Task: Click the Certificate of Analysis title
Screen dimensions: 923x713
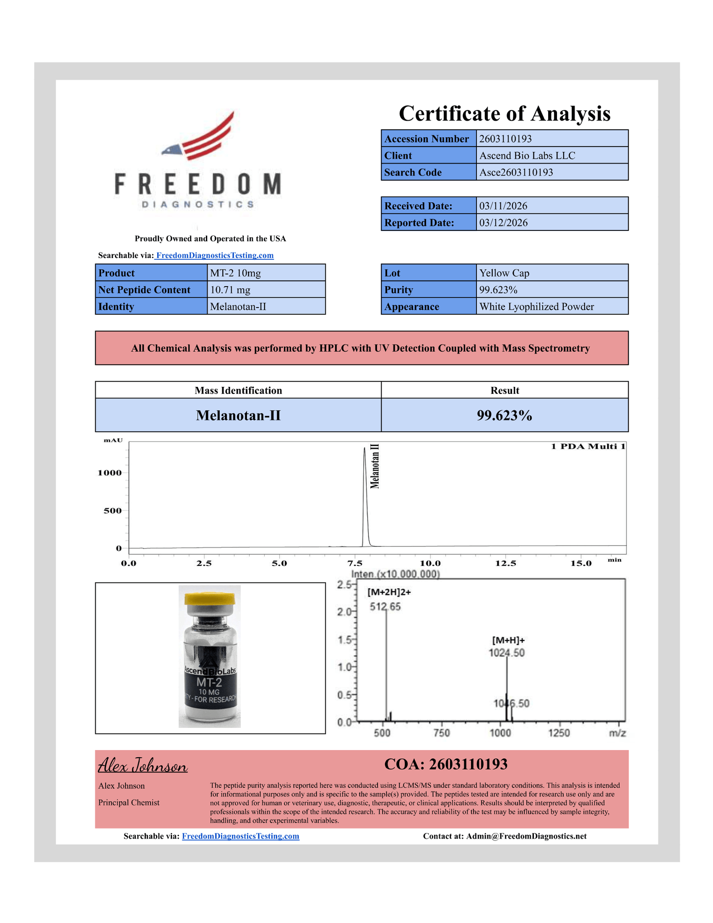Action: pyautogui.click(x=504, y=114)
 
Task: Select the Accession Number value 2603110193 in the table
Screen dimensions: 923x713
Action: pyautogui.click(x=505, y=139)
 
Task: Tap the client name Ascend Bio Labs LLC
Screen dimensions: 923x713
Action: pyautogui.click(x=527, y=156)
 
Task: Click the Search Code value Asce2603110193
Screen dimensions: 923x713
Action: pyautogui.click(x=516, y=172)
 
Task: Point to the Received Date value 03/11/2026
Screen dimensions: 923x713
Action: pyautogui.click(x=503, y=206)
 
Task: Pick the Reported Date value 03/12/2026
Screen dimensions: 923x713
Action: pyautogui.click(x=503, y=223)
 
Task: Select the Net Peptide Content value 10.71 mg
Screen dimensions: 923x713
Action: pyautogui.click(x=230, y=290)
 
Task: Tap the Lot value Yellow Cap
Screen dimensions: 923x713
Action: pyautogui.click(x=504, y=273)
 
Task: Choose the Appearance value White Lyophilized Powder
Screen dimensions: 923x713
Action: pyautogui.click(x=536, y=307)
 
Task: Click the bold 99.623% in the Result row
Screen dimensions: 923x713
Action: pyautogui.click(x=504, y=415)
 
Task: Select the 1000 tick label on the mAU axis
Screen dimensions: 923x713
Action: pyautogui.click(x=110, y=473)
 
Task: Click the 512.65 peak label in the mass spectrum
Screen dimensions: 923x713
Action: pyautogui.click(x=385, y=607)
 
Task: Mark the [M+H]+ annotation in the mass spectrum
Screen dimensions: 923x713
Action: pyautogui.click(x=508, y=640)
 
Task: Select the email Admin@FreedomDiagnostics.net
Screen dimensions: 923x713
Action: pyautogui.click(x=526, y=836)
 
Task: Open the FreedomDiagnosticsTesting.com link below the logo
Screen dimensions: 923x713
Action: pyautogui.click(x=214, y=255)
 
